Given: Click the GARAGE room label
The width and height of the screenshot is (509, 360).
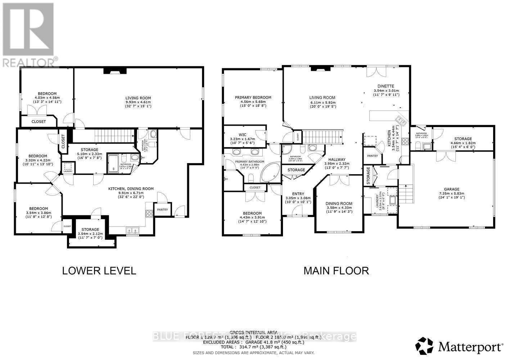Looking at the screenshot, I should coord(451,189).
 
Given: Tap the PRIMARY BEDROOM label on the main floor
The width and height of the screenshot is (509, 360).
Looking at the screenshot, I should coord(253,97).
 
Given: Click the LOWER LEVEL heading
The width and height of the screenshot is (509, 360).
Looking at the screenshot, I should coord(99,271).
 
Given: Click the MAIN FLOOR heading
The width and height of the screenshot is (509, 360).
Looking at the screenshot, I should coord(336,271).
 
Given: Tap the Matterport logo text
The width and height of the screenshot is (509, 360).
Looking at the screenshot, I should coord(470,347).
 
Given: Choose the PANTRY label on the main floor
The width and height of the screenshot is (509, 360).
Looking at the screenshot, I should coord(372,156).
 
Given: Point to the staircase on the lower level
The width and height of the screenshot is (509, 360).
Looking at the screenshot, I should coord(107,136).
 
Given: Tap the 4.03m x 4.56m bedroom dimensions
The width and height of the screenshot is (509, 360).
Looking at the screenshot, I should coord(47,98).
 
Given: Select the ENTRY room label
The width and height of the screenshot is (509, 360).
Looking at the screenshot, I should coord(298,194).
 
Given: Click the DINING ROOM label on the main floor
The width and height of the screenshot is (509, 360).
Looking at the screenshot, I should coord(339,203).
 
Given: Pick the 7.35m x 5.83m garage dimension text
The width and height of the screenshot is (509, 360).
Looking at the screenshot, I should coord(451,193).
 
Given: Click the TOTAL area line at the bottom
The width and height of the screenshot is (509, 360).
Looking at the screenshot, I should coord(254,347).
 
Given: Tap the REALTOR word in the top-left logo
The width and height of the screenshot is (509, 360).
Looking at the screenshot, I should coord(29,62).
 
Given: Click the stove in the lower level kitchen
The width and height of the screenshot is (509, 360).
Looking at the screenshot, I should coord(149,213).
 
